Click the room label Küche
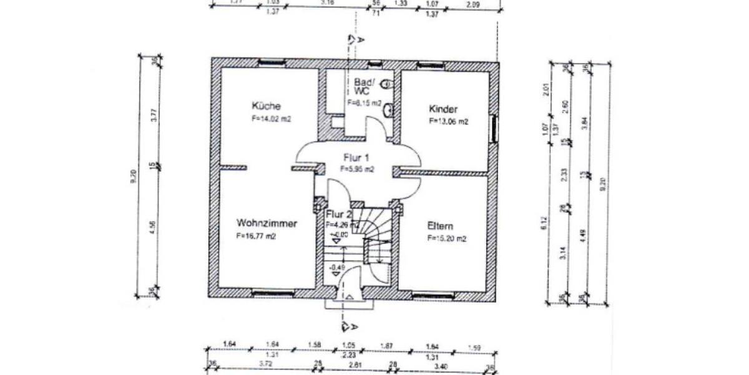pyautogui.click(x=267, y=106)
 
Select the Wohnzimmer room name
pyautogui.click(x=267, y=223)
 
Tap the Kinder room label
pyautogui.click(x=443, y=109)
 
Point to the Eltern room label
pyautogui.click(x=440, y=226)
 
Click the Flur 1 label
pyautogui.click(x=356, y=157)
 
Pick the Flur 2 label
pyautogui.click(x=340, y=215)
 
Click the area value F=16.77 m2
pyautogui.click(x=256, y=237)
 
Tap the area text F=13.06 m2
pyautogui.click(x=448, y=122)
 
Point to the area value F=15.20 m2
pyautogui.click(x=446, y=238)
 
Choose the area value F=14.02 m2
pyautogui.click(x=272, y=117)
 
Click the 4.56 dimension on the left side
pyautogui.click(x=154, y=229)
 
